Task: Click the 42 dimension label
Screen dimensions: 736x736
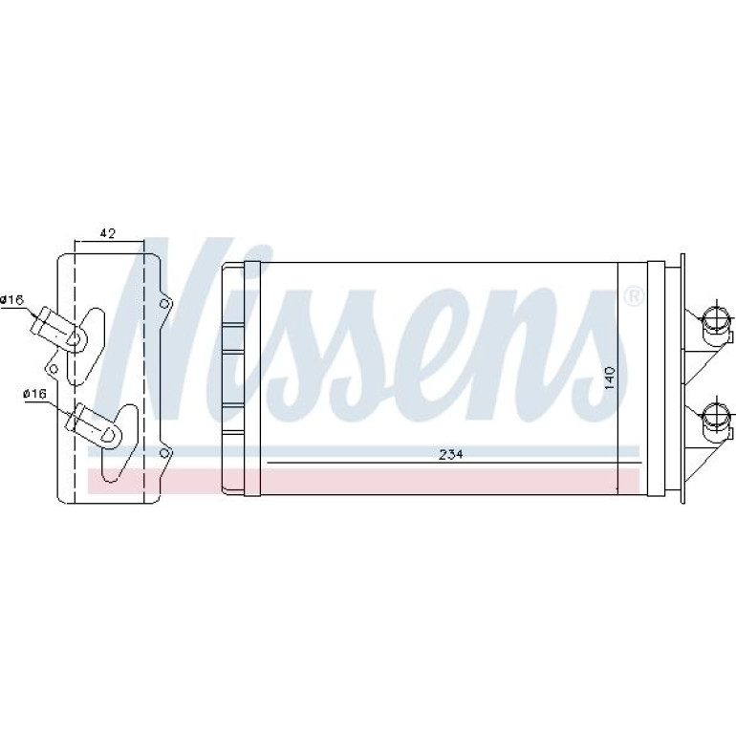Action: (x=108, y=233)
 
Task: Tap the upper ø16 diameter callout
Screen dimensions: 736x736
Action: (x=11, y=299)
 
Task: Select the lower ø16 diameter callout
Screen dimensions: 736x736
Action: (x=35, y=394)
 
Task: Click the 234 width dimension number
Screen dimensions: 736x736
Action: (x=451, y=454)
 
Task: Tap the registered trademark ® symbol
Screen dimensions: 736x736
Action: (x=634, y=296)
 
